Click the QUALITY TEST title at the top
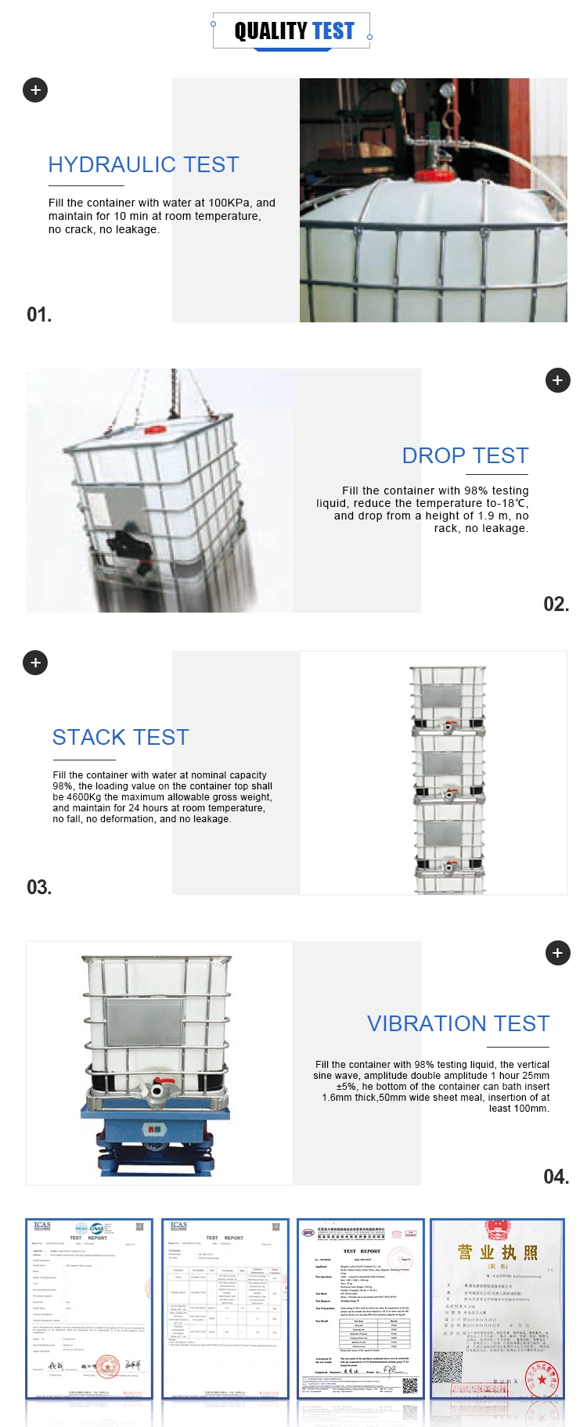point(293,31)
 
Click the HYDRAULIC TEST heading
point(143,165)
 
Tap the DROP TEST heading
point(465,456)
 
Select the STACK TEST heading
point(121,738)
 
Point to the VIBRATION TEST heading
point(458,1024)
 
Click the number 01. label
point(39,315)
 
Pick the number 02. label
point(556,604)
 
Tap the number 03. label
point(39,888)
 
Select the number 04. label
point(556,1177)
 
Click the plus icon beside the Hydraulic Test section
point(35,90)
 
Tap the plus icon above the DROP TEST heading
point(557,380)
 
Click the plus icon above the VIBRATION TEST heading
point(557,953)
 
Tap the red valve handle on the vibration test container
point(157,1090)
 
